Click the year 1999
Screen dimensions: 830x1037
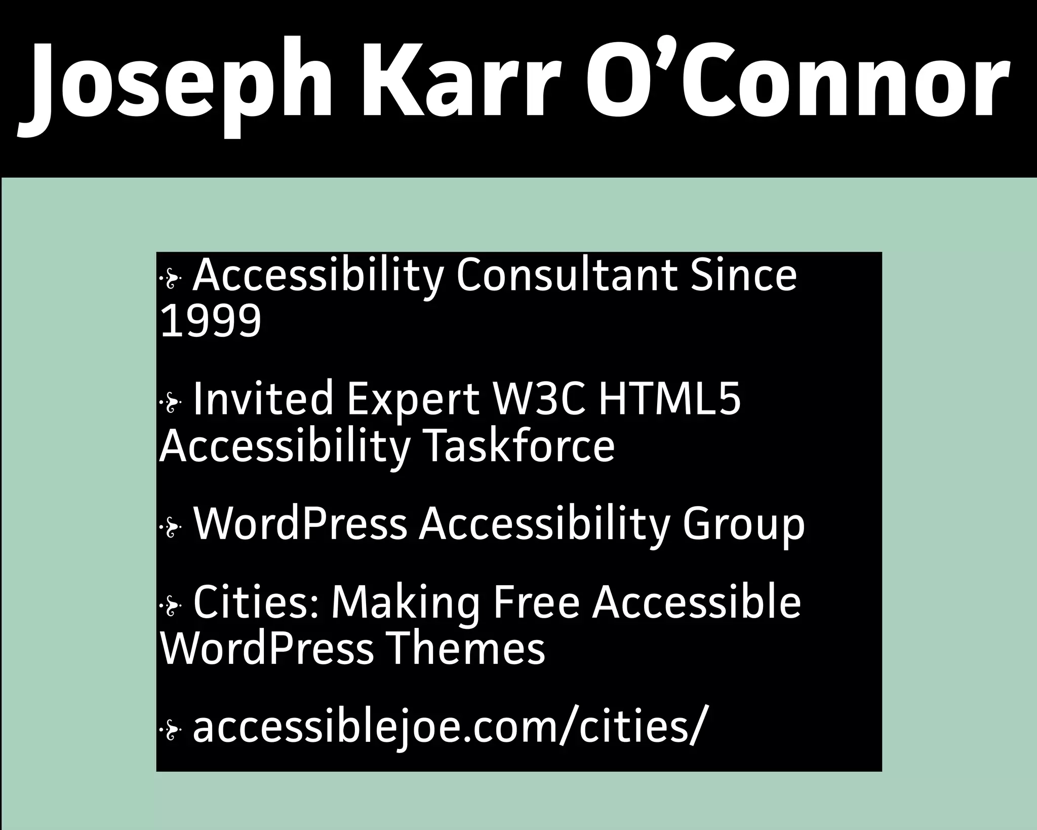click(x=211, y=321)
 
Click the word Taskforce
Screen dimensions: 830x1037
click(x=518, y=446)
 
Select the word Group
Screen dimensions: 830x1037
click(x=743, y=525)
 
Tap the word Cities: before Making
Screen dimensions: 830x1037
click(x=256, y=603)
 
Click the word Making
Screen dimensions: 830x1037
click(x=406, y=603)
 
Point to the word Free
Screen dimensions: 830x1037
click(x=536, y=603)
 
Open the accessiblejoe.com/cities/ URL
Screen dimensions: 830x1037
click(x=449, y=728)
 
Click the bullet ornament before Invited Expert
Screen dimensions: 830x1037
click(x=171, y=403)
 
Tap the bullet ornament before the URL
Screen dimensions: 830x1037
click(x=171, y=730)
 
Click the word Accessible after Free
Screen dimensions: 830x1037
click(x=697, y=603)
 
